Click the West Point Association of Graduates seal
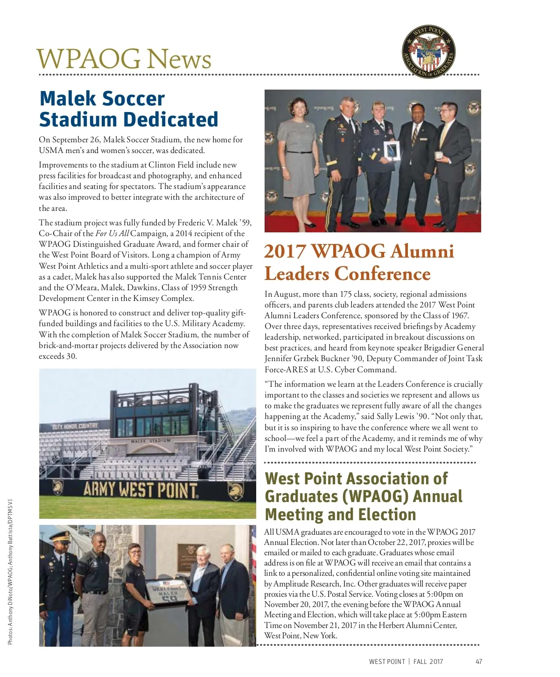coord(428,52)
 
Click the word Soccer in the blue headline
coord(133,99)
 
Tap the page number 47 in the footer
coord(479,662)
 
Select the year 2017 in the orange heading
coord(285,251)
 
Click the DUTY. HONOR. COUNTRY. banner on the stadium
coord(75,426)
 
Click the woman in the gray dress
coord(298,154)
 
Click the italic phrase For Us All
coord(112,234)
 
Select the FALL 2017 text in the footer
coord(428,662)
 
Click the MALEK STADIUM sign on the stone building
coord(151,440)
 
